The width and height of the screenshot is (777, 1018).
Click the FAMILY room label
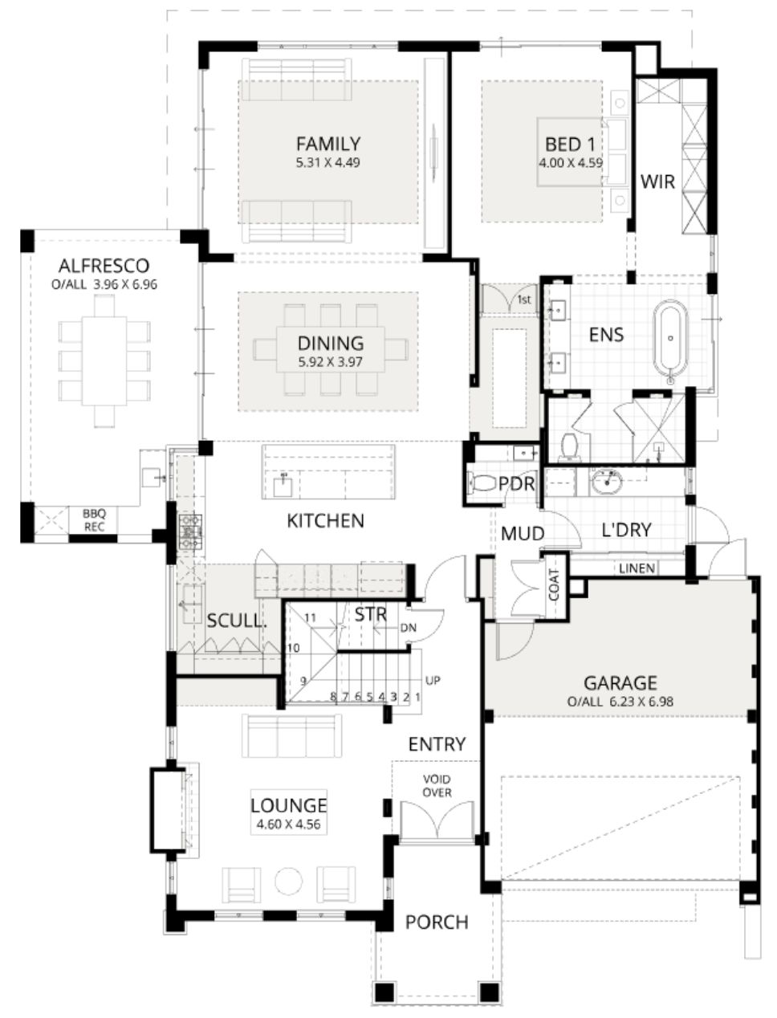[328, 144]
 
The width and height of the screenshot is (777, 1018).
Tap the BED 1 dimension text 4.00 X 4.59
[571, 163]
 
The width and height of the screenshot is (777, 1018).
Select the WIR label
[657, 181]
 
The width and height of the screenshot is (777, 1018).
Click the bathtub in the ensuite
[670, 342]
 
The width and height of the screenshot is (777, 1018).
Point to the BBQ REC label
[94, 520]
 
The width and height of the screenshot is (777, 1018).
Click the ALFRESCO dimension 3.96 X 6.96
[125, 284]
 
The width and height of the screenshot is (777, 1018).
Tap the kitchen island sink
[283, 486]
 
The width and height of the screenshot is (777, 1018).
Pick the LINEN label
[637, 568]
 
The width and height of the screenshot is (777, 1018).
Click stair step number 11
[310, 617]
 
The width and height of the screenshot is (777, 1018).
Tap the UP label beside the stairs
[433, 680]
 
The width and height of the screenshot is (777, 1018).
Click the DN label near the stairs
[408, 628]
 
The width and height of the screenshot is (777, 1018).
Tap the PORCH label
[437, 922]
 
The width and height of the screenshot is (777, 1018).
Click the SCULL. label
[237, 621]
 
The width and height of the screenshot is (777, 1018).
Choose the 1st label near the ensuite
[524, 300]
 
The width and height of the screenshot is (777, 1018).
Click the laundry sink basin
[608, 482]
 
